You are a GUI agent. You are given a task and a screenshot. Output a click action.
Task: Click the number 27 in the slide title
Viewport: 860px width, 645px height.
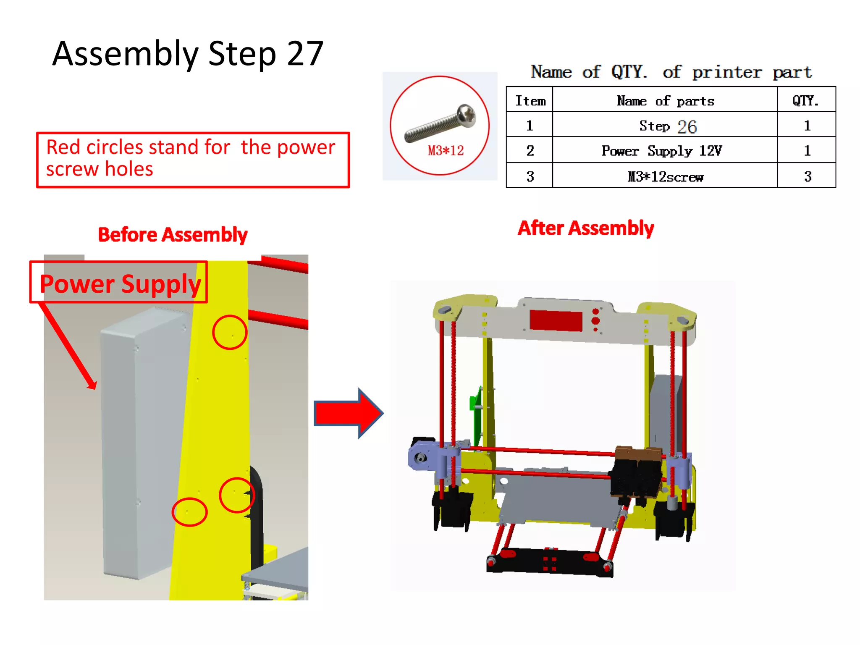(x=305, y=54)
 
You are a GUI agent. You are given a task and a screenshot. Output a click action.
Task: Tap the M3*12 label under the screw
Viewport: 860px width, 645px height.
(x=446, y=150)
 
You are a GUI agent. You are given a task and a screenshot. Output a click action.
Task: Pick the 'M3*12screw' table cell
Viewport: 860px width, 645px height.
(x=665, y=177)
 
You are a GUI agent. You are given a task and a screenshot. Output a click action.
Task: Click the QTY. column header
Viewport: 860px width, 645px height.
(x=805, y=101)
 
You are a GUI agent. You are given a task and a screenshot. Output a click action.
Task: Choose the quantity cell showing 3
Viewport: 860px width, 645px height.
(x=807, y=177)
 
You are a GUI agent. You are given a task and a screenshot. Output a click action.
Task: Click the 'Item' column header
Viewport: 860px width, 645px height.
(x=530, y=101)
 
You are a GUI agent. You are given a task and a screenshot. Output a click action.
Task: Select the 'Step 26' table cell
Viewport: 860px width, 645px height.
(x=667, y=126)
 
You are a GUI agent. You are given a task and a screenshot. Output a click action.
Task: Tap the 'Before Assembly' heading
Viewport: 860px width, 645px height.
(x=173, y=235)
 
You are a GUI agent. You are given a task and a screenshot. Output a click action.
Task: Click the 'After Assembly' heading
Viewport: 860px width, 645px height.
(x=585, y=228)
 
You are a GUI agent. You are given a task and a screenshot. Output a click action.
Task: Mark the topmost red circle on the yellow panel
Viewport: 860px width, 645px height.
(x=230, y=332)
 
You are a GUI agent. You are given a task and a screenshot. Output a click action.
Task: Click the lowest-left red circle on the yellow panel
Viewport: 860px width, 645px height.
(x=189, y=512)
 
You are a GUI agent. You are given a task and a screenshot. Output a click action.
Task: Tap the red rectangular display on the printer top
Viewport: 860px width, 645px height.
(x=556, y=321)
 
